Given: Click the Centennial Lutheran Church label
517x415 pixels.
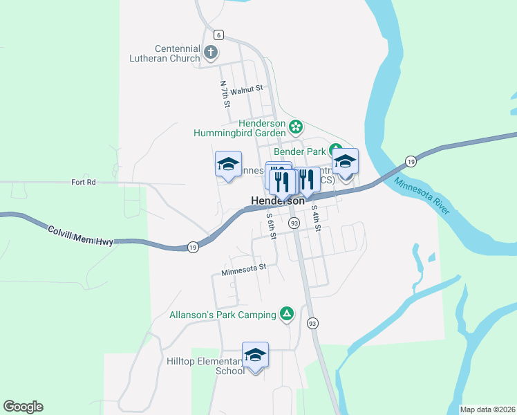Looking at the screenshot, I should point(165,53).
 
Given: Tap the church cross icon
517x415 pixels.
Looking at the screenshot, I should point(211,51).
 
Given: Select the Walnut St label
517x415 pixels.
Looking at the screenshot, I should point(247,89).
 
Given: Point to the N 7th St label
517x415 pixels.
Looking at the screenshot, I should point(225,94).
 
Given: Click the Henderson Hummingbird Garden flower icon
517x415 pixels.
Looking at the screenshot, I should point(296,127).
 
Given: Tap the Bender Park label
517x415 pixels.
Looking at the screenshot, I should point(299,151).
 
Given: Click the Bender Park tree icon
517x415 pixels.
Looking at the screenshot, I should point(335,149).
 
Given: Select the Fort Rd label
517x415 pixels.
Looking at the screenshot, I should point(83,182).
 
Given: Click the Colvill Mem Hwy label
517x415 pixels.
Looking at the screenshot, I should point(79,234).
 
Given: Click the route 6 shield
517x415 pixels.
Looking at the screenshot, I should point(218,35).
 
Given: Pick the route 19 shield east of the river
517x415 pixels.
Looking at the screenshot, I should point(411,160).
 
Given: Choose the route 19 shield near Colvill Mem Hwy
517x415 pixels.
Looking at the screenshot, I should point(193,247).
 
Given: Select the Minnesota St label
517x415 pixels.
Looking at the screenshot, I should point(244,269).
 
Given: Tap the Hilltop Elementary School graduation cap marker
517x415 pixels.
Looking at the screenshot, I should point(255,355).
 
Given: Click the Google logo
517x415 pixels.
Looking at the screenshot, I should point(23,407).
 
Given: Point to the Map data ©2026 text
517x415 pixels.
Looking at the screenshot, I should point(487,409).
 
